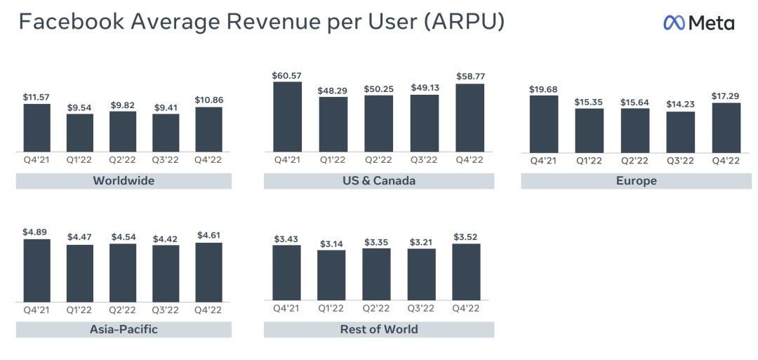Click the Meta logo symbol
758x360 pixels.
[674, 23]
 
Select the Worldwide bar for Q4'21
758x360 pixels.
[36, 127]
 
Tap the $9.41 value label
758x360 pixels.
[166, 107]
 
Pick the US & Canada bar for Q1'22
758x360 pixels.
[333, 124]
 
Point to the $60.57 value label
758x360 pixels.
[287, 75]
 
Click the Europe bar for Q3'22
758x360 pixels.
[680, 132]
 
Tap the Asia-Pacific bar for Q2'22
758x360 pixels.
[123, 272]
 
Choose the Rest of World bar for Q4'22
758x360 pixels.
[466, 272]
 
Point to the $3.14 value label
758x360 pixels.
[331, 243]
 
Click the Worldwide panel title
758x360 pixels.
[124, 181]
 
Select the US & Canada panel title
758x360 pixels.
[378, 181]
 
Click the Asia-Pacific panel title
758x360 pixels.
[124, 329]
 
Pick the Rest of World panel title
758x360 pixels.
[378, 329]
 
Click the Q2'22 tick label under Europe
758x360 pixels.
[634, 161]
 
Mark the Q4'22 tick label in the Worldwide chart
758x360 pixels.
[208, 160]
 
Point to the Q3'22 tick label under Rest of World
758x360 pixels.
[421, 309]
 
